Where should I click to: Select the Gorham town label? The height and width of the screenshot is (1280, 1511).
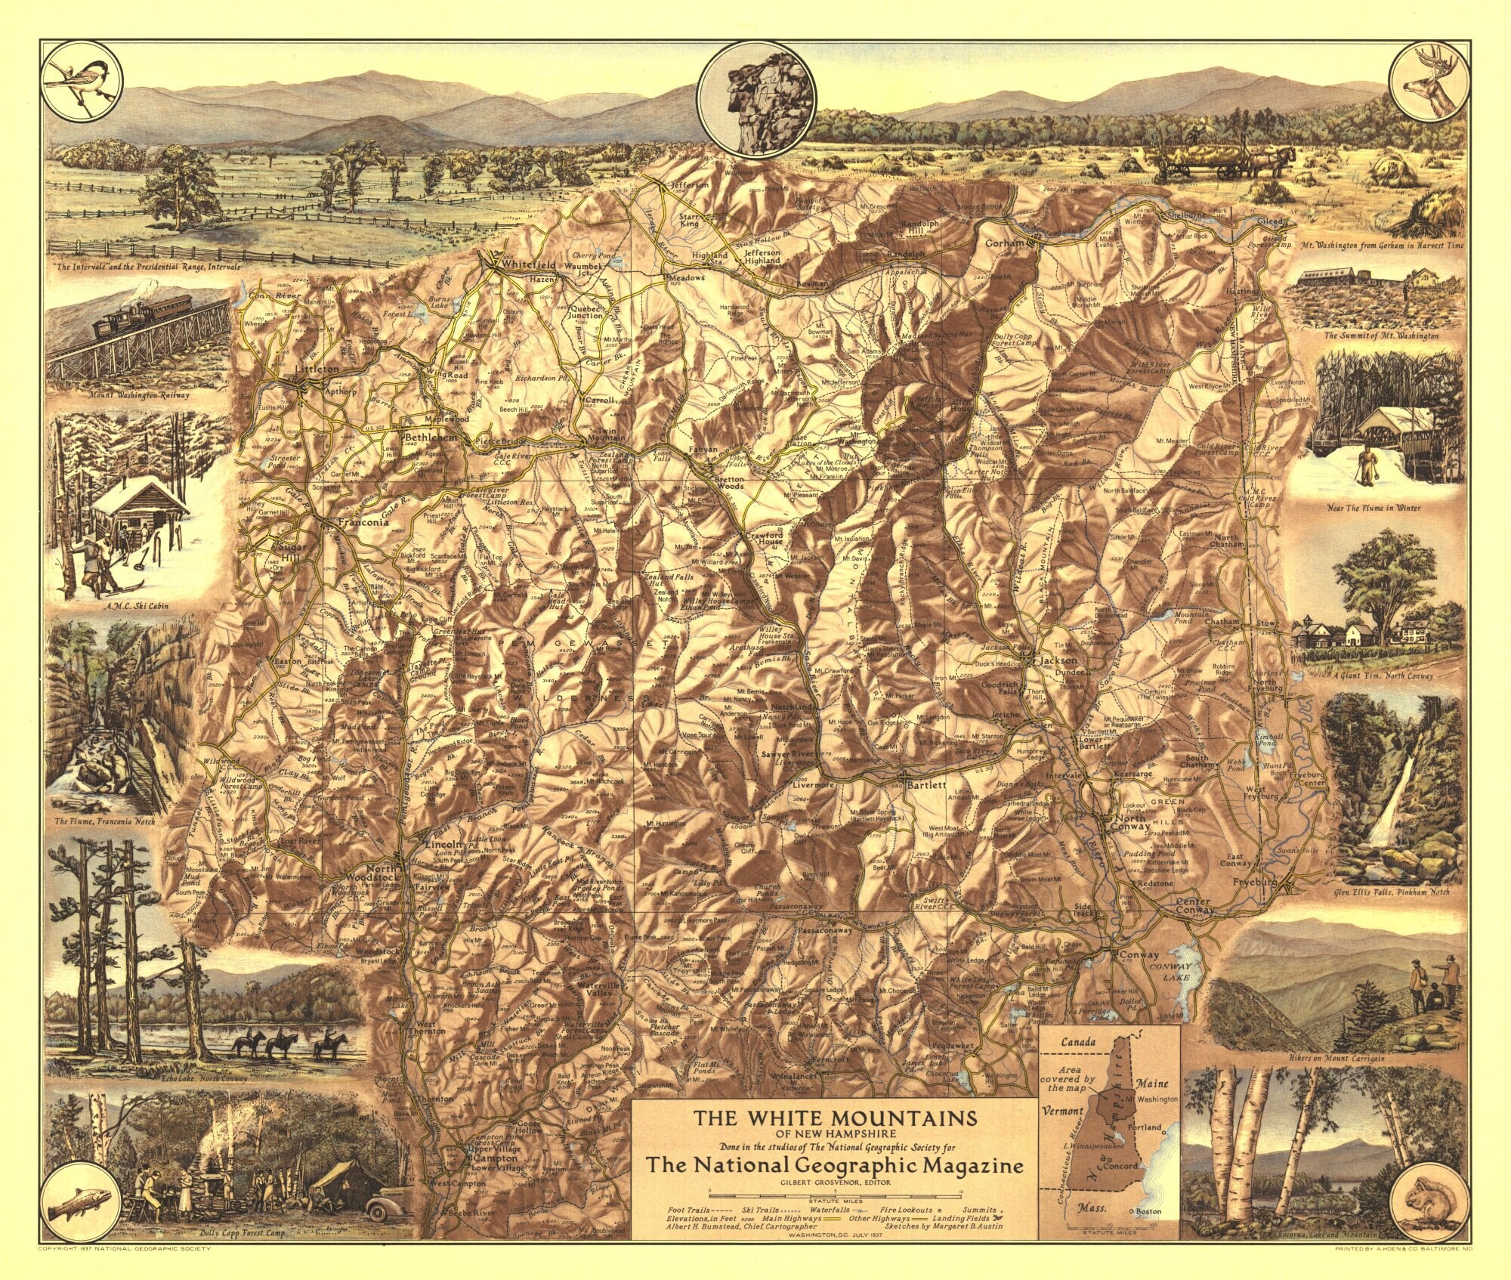tap(1003, 243)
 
